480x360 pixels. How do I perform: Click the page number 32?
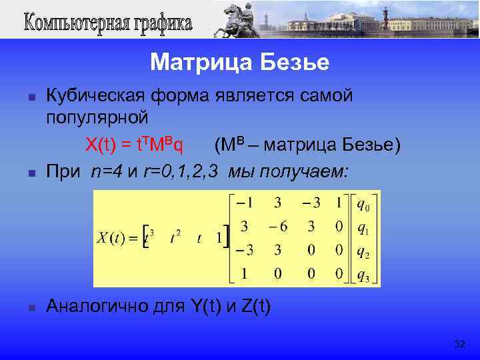click(x=459, y=344)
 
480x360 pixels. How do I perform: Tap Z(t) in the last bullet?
click(x=256, y=307)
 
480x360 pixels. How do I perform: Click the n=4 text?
click(x=108, y=172)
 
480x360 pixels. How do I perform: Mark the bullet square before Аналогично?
click(x=31, y=307)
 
